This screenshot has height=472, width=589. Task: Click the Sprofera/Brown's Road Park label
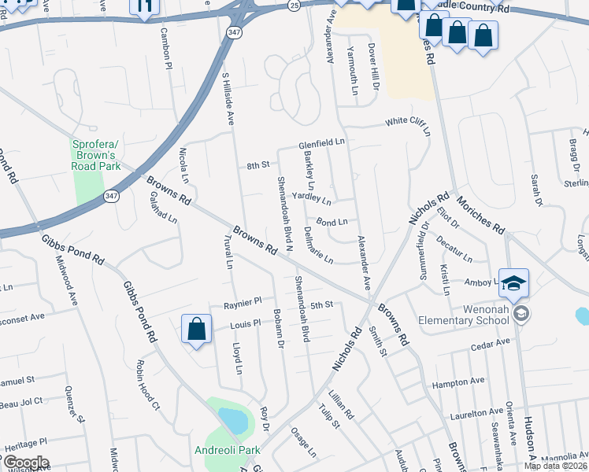pyautogui.click(x=96, y=155)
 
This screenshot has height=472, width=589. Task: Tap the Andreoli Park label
pyautogui.click(x=228, y=451)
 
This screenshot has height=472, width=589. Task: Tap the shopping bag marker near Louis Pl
pyautogui.click(x=197, y=330)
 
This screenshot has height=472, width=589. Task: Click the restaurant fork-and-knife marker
pyautogui.click(x=144, y=7)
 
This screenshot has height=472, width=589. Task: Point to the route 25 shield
pyautogui.click(x=293, y=5)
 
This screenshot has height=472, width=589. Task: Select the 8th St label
pyautogui.click(x=258, y=165)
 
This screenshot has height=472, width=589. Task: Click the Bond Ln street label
pyautogui.click(x=332, y=223)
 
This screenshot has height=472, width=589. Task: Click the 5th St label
pyautogui.click(x=322, y=304)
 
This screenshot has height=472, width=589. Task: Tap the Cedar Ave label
pyautogui.click(x=490, y=345)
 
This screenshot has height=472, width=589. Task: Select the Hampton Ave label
pyautogui.click(x=458, y=383)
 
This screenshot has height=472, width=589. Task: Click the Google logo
pyautogui.click(x=25, y=463)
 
